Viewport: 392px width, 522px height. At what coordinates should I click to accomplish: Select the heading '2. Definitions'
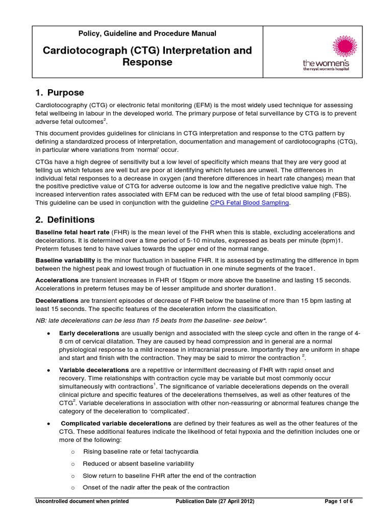pyautogui.click(x=65, y=220)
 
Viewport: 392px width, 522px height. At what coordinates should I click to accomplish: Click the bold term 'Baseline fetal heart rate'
pyautogui.click(x=72, y=232)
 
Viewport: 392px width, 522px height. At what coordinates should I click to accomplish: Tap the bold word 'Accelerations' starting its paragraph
pyautogui.click(x=57, y=281)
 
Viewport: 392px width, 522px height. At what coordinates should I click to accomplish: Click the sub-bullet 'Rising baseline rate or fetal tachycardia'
pyautogui.click(x=140, y=452)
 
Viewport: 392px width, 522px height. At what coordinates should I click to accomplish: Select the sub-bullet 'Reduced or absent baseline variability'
pyautogui.click(x=138, y=464)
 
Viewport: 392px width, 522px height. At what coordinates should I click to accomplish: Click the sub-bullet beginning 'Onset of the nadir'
pyautogui.click(x=156, y=488)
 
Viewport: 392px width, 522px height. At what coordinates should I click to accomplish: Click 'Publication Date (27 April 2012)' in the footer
pyautogui.click(x=215, y=502)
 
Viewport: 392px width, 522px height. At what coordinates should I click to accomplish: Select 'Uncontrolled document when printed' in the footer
pyautogui.click(x=82, y=502)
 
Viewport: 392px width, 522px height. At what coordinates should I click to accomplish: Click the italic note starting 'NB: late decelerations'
pyautogui.click(x=151, y=320)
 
